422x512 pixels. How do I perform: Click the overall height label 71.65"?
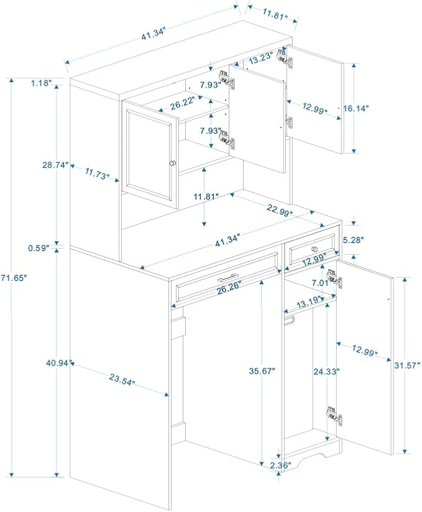click(13, 278)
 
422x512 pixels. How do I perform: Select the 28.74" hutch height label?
click(55, 165)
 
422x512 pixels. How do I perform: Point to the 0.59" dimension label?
click(39, 248)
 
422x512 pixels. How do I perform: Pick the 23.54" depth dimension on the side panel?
click(122, 380)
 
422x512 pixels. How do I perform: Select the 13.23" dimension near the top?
click(261, 58)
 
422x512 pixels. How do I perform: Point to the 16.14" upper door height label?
click(356, 108)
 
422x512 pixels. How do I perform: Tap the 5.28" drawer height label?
click(353, 240)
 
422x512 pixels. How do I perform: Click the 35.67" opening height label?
click(262, 371)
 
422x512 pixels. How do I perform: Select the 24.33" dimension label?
click(327, 372)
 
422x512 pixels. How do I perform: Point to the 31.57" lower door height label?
click(406, 365)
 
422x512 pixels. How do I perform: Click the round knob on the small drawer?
click(314, 249)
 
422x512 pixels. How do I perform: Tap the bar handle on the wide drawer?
click(231, 277)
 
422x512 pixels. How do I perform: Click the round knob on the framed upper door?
click(172, 163)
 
